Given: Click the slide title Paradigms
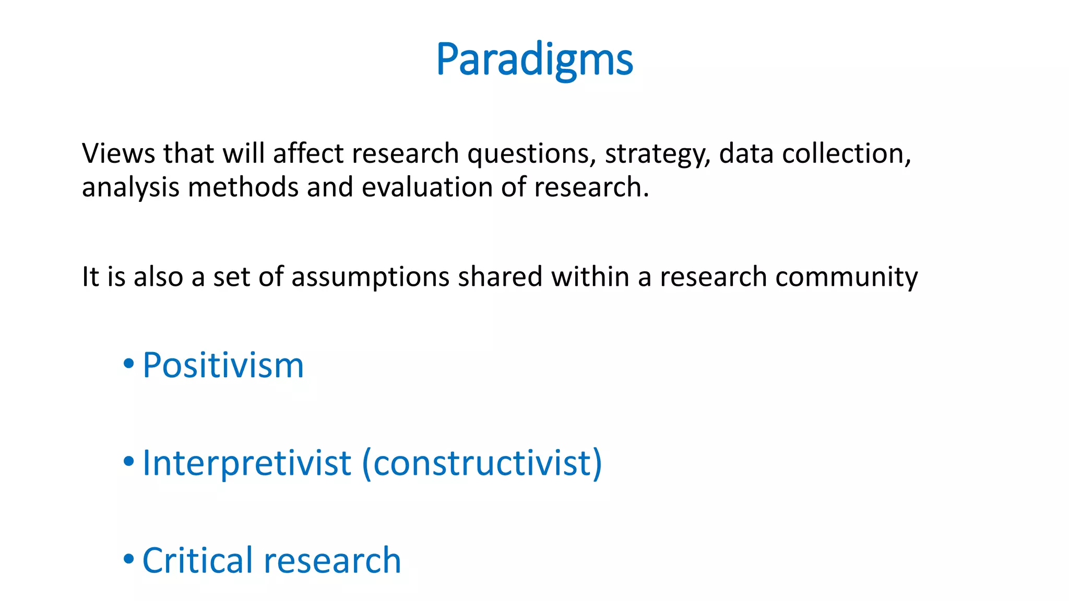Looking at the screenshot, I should pos(534,59).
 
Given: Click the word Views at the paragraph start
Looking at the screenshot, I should pos(118,154).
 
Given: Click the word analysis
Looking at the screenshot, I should pos(130,188).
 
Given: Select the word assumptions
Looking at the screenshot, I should pos(370,278).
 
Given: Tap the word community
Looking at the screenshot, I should pos(846,278).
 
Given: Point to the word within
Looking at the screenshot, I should pos(590,277).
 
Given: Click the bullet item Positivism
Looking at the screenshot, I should pos(223,365).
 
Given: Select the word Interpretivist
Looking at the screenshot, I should pos(246,463).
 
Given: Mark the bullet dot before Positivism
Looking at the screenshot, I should pos(128,364).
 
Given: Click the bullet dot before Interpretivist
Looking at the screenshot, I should pos(128,461).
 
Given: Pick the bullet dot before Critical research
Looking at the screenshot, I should pos(128,559).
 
